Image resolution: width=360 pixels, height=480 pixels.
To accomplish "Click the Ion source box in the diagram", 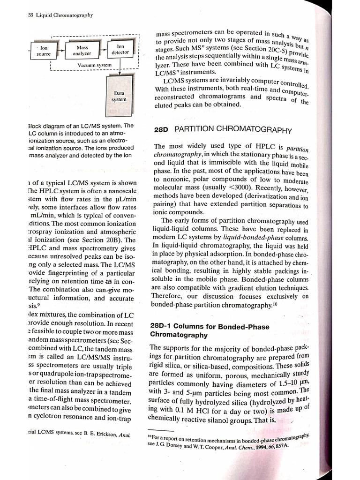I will pyautogui.click(x=43, y=51).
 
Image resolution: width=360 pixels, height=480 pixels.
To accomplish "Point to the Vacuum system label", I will pyautogui.click(x=94, y=65).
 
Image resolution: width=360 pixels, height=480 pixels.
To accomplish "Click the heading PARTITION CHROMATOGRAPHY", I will pyautogui.click(x=232, y=130).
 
